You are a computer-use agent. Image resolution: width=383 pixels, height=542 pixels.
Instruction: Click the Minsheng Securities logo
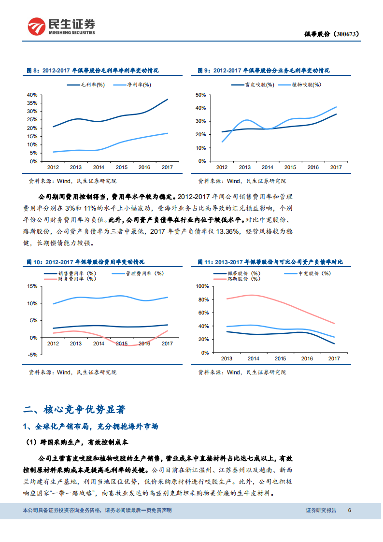(61, 27)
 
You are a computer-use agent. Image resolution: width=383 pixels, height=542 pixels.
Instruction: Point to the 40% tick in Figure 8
(32, 95)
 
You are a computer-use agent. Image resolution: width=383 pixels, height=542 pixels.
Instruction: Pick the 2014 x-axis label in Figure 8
(99, 167)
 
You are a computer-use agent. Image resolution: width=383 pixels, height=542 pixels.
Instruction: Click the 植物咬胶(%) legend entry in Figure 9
(307, 85)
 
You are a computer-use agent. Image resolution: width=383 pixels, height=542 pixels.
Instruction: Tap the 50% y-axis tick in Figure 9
(201, 95)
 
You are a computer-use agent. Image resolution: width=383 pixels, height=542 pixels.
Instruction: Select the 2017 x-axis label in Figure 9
(336, 167)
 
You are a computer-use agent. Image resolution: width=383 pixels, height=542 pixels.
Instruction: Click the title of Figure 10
(85, 262)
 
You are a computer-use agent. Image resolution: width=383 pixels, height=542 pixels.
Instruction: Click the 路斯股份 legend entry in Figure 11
(246, 279)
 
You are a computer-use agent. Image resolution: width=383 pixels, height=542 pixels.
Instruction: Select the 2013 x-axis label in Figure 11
(226, 358)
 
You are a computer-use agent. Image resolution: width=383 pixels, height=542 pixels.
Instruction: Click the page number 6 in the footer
(350, 510)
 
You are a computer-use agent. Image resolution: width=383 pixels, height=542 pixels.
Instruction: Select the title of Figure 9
(264, 71)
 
